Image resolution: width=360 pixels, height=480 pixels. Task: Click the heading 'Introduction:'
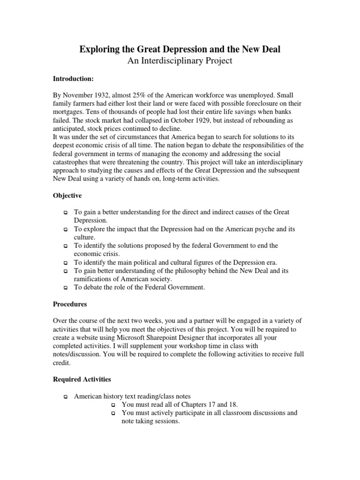73,79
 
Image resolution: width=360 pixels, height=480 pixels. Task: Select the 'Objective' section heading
67,195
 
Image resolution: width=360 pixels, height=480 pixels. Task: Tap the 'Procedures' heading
70,304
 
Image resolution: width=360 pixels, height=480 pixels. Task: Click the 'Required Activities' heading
82,379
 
